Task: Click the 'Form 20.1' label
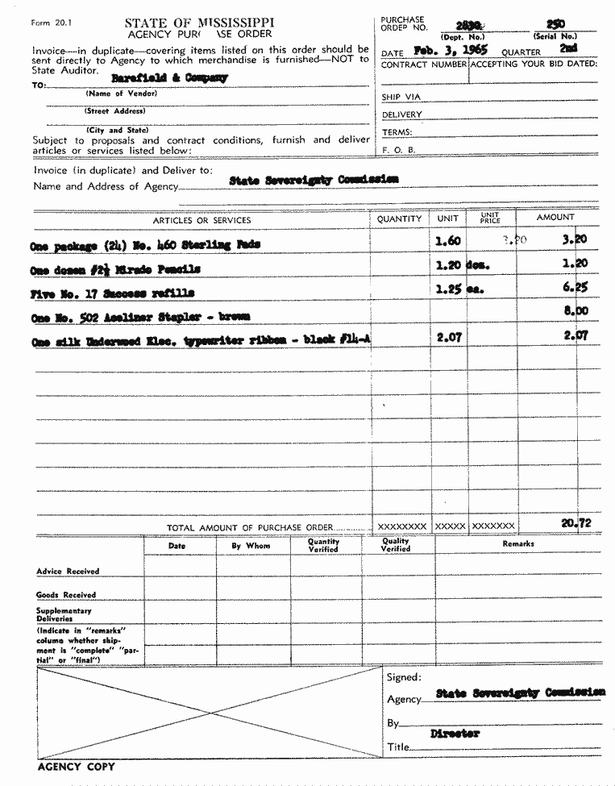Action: tap(48, 23)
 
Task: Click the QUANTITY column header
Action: tap(399, 218)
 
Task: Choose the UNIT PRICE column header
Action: tap(490, 218)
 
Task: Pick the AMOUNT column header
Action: tap(555, 218)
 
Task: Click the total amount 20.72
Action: tap(576, 523)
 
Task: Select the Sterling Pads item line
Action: tap(144, 243)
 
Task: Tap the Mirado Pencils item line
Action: tap(114, 268)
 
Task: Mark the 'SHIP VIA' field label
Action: tap(401, 98)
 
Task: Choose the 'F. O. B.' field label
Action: tap(398, 150)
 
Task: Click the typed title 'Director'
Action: tap(455, 734)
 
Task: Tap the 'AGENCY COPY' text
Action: tap(76, 767)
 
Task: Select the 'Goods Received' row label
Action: tap(66, 595)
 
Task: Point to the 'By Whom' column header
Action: tap(251, 546)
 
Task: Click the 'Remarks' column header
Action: tap(517, 544)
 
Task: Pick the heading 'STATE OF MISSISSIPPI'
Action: tap(199, 23)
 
